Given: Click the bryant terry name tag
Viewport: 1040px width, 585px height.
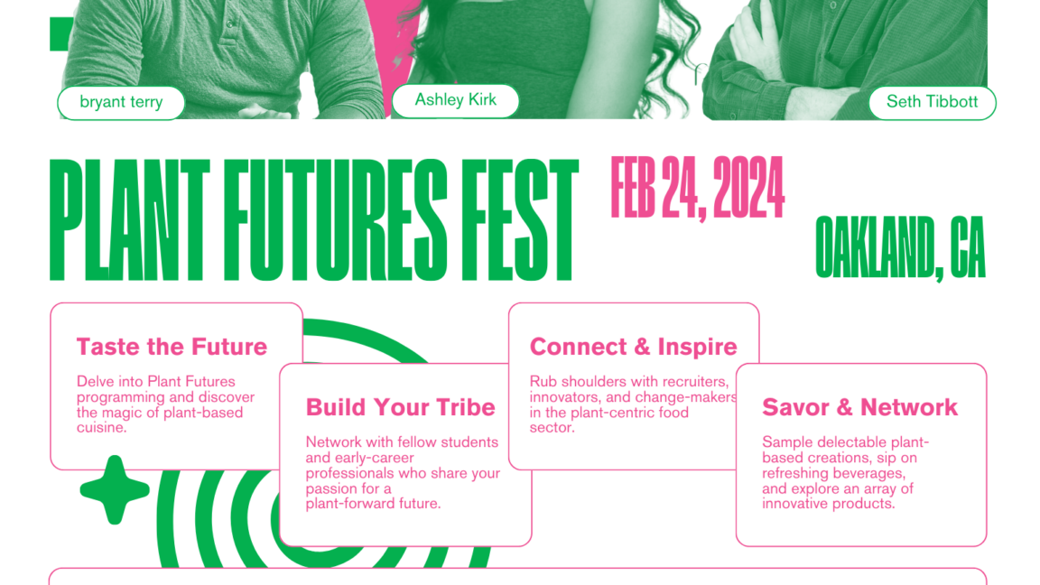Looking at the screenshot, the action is tap(121, 102).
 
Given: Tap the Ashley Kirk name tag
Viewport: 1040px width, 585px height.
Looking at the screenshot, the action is tap(456, 100).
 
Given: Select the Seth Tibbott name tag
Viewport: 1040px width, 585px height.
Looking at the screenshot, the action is tap(932, 102).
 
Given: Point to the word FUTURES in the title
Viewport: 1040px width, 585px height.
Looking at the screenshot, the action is tap(335, 220).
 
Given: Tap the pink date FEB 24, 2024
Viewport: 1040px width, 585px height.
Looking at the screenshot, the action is tap(697, 189).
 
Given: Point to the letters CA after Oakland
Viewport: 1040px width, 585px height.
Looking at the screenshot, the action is tap(968, 246).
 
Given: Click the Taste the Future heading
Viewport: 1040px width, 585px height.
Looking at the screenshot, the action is tap(172, 347).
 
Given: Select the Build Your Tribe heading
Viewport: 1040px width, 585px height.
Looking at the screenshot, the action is tap(401, 406).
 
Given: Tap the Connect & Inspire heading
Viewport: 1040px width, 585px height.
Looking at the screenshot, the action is tap(634, 347).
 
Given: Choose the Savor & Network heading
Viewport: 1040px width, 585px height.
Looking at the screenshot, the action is tap(859, 406).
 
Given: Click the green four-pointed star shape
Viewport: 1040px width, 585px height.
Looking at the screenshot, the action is tap(115, 489).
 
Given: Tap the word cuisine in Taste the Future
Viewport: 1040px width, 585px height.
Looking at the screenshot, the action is tap(101, 428).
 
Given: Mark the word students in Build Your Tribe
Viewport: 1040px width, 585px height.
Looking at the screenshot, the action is tap(469, 442).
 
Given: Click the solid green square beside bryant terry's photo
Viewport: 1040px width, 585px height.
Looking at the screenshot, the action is tap(61, 33).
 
